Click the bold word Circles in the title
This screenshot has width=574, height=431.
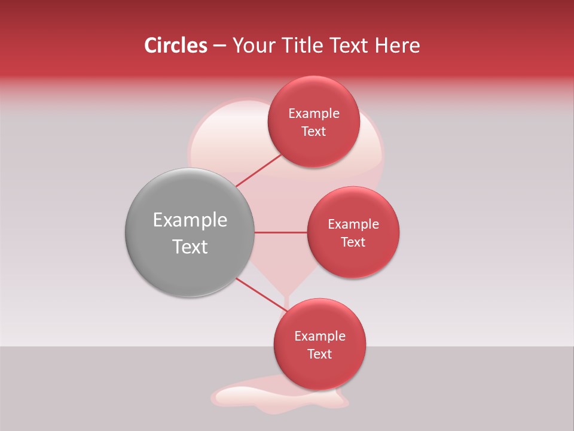pos(175,45)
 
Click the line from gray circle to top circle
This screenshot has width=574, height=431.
pos(258,171)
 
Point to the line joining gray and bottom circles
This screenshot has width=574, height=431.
pos(260,295)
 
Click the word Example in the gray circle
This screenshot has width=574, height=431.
pos(190,220)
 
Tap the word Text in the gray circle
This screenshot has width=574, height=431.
pos(190,247)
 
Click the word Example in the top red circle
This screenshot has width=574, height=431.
pos(314,114)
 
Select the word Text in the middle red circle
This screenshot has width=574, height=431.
pos(353,242)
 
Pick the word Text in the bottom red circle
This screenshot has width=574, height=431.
pos(320,354)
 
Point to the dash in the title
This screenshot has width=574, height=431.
pos(219,46)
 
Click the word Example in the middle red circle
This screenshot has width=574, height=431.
pos(353,224)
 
